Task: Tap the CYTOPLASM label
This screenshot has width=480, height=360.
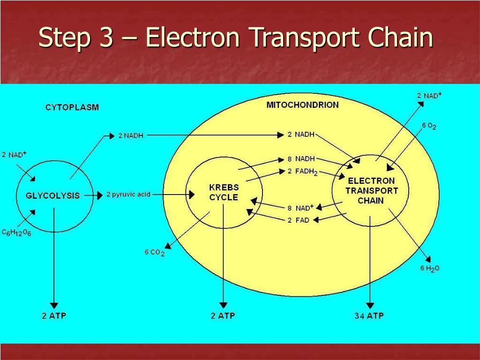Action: pyautogui.click(x=72, y=107)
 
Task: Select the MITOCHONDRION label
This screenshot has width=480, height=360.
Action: pyautogui.click(x=302, y=105)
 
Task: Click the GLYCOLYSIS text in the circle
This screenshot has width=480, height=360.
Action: pyautogui.click(x=52, y=195)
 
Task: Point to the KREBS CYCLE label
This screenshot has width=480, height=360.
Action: pyautogui.click(x=224, y=192)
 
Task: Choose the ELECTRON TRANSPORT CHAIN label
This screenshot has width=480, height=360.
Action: pyautogui.click(x=371, y=191)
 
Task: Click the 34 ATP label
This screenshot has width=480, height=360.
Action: pyautogui.click(x=369, y=315)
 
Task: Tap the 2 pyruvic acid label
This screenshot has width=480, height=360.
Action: pyautogui.click(x=128, y=195)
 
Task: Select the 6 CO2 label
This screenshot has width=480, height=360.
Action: pyautogui.click(x=155, y=253)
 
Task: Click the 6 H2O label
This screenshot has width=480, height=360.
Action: pyautogui.click(x=430, y=269)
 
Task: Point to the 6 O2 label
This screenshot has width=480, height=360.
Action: pyautogui.click(x=429, y=126)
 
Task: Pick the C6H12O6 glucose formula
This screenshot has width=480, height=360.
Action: pyautogui.click(x=16, y=233)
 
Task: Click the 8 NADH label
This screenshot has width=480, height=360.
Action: pyautogui.click(x=301, y=159)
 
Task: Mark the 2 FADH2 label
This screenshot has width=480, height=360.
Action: pyautogui.click(x=302, y=172)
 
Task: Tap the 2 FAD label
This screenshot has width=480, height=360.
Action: pyautogui.click(x=299, y=220)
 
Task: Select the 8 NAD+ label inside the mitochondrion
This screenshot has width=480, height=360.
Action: pyautogui.click(x=300, y=208)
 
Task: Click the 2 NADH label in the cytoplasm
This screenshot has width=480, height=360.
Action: pyautogui.click(x=131, y=135)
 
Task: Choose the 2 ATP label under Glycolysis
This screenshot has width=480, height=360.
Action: pyautogui.click(x=54, y=315)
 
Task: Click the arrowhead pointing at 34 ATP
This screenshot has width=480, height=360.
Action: pyautogui.click(x=370, y=306)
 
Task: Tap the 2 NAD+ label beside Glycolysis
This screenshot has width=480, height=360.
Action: pyautogui.click(x=14, y=155)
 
